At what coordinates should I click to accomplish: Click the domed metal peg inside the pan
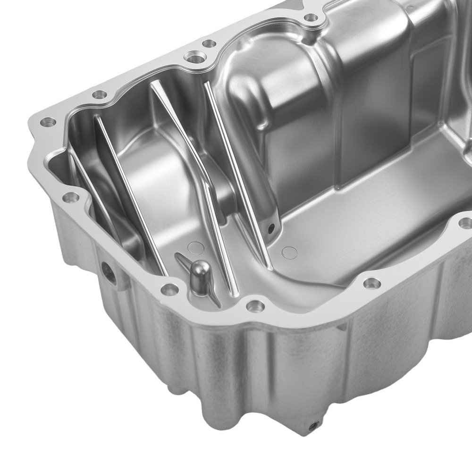(200, 271)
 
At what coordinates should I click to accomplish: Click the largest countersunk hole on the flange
(193, 59)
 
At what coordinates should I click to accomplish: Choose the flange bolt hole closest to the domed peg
(169, 288)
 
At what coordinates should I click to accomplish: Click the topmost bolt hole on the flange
(311, 18)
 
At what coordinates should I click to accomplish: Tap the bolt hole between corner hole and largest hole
(99, 94)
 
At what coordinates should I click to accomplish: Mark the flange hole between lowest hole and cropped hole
(371, 283)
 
